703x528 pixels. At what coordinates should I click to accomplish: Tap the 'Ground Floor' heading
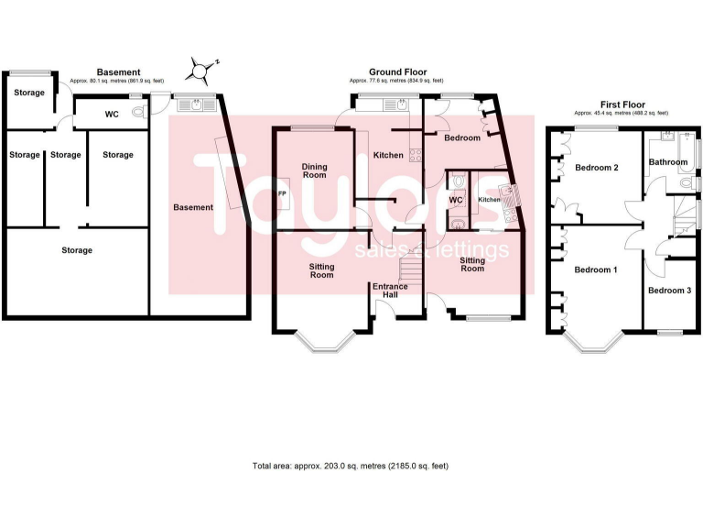(x=397, y=71)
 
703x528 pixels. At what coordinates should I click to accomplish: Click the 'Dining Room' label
(x=314, y=170)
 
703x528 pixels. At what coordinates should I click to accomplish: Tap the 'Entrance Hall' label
(x=390, y=291)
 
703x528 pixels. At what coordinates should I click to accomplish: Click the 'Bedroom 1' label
(x=596, y=270)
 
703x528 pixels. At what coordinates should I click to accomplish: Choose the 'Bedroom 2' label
(x=597, y=168)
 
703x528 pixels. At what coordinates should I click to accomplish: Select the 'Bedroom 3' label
(x=669, y=291)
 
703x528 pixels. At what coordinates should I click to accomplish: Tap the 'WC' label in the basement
(x=112, y=115)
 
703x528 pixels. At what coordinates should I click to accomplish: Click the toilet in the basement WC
(x=138, y=114)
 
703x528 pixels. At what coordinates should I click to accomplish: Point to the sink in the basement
(x=198, y=104)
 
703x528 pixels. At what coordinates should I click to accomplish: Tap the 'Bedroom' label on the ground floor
(x=462, y=137)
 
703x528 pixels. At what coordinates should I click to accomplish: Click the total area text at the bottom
(x=351, y=466)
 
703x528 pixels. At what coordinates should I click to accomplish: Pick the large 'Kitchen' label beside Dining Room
(x=388, y=155)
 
